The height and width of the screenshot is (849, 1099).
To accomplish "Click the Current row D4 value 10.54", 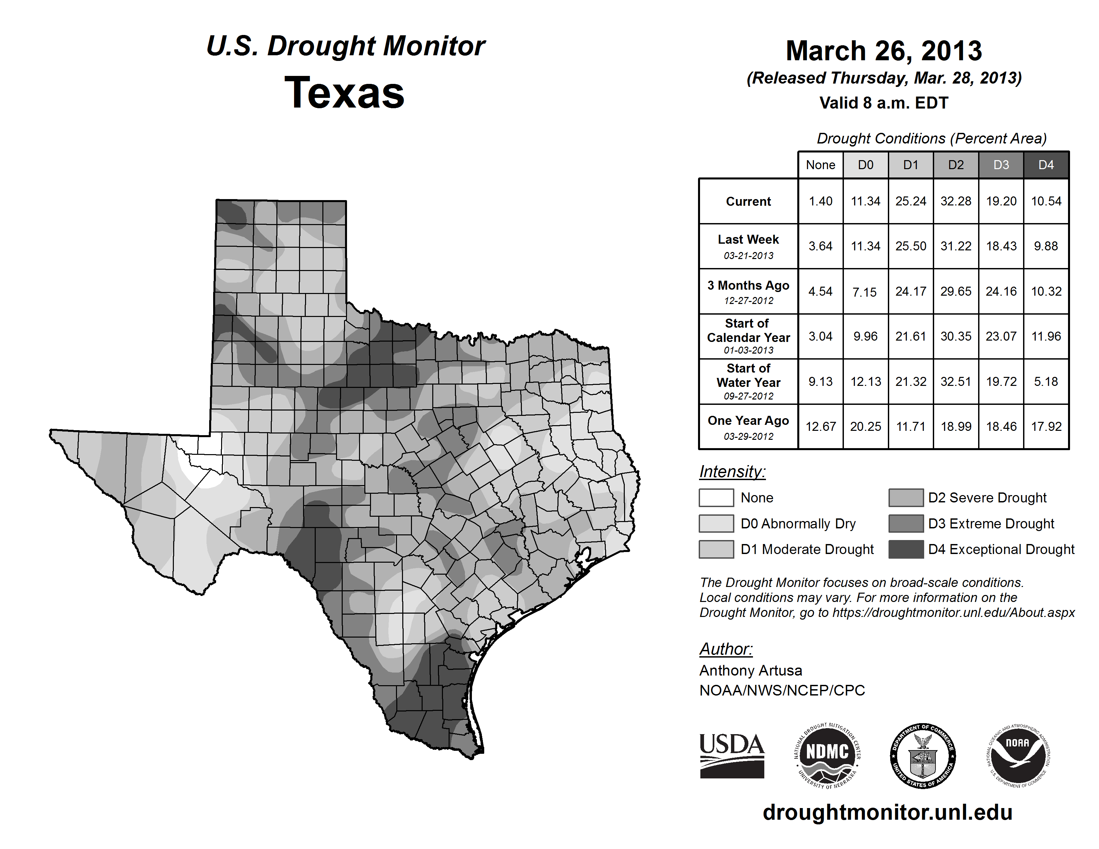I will (1046, 201).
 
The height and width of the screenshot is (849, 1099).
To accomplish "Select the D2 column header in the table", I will (955, 165).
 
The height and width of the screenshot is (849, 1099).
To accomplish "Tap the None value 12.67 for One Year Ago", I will (820, 426).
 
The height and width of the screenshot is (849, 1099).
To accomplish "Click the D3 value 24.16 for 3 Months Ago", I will (1001, 291).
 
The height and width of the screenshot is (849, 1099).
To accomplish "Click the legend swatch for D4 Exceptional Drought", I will (906, 549).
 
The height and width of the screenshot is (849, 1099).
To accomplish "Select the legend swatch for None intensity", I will (716, 497).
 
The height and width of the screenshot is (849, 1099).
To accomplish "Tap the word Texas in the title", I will (345, 93).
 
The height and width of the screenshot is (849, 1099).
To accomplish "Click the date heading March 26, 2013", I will (884, 51).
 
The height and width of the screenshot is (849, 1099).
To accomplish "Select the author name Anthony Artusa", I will (751, 671).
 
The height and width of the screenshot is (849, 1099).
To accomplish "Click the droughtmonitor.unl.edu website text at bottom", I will (888, 812).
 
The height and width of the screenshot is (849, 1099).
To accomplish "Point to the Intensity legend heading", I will (732, 472).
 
